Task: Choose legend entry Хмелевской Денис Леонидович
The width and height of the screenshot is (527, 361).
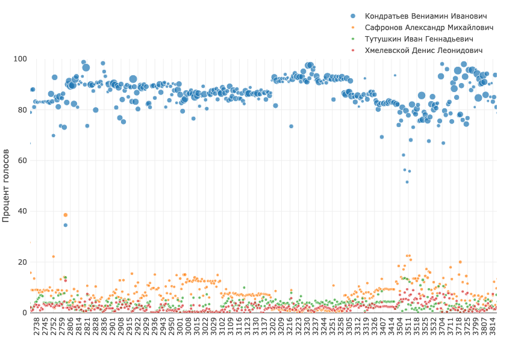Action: (428, 51)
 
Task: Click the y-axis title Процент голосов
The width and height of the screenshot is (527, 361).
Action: (7, 186)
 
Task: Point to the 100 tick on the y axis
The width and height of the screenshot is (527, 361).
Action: (20, 59)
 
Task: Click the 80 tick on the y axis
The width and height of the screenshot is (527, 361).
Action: (22, 110)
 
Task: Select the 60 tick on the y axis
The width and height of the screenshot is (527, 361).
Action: (22, 161)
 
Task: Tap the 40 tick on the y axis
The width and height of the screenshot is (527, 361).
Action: (22, 211)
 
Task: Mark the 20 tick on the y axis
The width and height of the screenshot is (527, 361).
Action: (22, 262)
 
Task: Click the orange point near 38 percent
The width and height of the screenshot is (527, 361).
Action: (66, 215)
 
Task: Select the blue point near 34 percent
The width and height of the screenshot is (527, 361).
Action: (66, 225)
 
